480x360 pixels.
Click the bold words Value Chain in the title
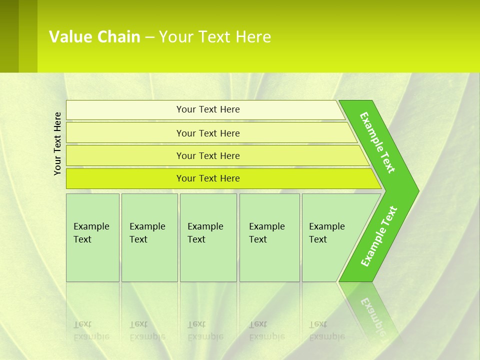click(94, 37)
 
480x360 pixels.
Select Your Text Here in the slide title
click(215, 37)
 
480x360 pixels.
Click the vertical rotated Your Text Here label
click(57, 143)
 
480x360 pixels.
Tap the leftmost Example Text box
click(92, 237)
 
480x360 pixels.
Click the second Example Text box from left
click(149, 237)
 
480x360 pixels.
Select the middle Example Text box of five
click(208, 237)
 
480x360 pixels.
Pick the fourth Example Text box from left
click(269, 237)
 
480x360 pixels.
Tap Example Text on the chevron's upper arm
click(377, 142)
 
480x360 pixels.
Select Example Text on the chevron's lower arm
click(379, 236)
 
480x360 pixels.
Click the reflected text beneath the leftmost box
click(91, 330)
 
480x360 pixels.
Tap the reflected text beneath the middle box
click(205, 330)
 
